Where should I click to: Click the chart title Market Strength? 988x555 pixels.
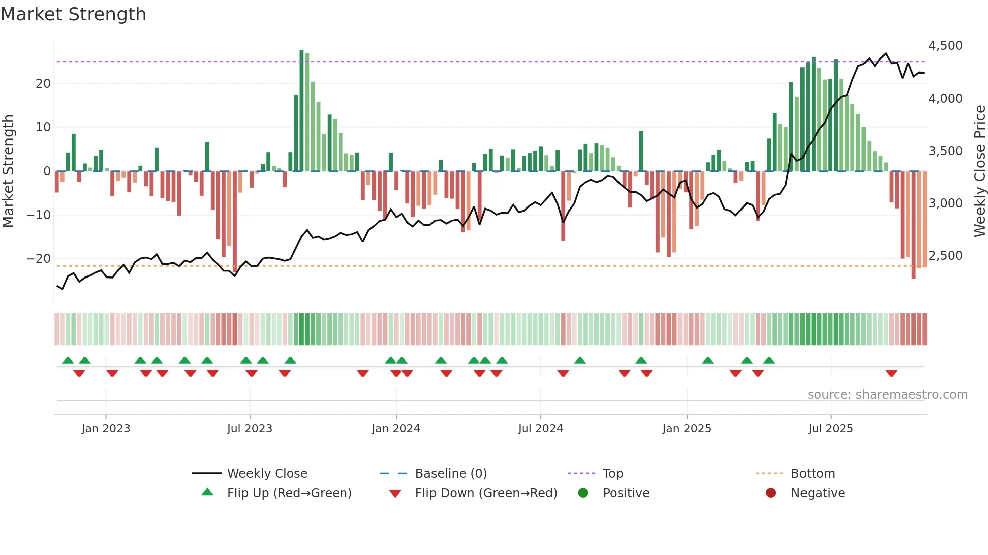(73, 14)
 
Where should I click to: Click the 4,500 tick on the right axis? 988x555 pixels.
(945, 46)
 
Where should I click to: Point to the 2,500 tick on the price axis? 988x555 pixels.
(945, 256)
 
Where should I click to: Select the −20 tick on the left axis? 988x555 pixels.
(39, 259)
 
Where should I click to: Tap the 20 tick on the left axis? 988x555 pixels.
(43, 84)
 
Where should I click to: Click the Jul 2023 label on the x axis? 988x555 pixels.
(250, 429)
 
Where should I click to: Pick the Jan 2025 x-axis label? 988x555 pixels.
(687, 429)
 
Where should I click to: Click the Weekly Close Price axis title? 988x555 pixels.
(979, 171)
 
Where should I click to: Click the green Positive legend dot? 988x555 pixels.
(583, 493)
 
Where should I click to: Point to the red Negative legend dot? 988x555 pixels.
(771, 493)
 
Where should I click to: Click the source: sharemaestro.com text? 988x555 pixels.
(887, 395)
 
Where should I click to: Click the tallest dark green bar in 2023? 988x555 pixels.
(301, 111)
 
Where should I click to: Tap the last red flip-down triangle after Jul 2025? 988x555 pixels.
(891, 373)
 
